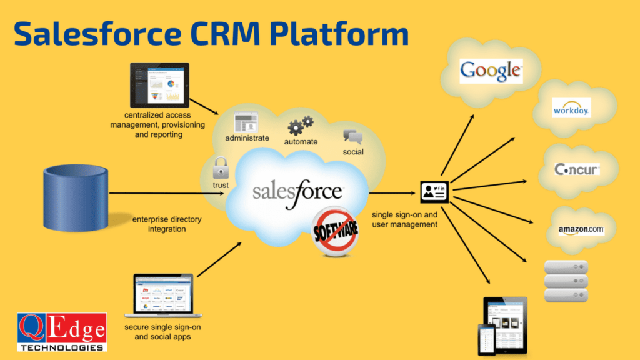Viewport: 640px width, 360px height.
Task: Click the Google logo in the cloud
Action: click(491, 71)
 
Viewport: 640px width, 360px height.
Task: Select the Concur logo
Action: click(577, 169)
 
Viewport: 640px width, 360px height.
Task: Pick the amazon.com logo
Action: click(581, 230)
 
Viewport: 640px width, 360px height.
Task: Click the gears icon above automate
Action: click(300, 126)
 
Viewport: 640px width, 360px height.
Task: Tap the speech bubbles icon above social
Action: click(352, 137)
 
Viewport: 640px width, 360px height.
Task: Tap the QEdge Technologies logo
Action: click(61, 332)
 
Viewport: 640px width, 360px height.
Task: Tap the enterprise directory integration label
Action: click(167, 224)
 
